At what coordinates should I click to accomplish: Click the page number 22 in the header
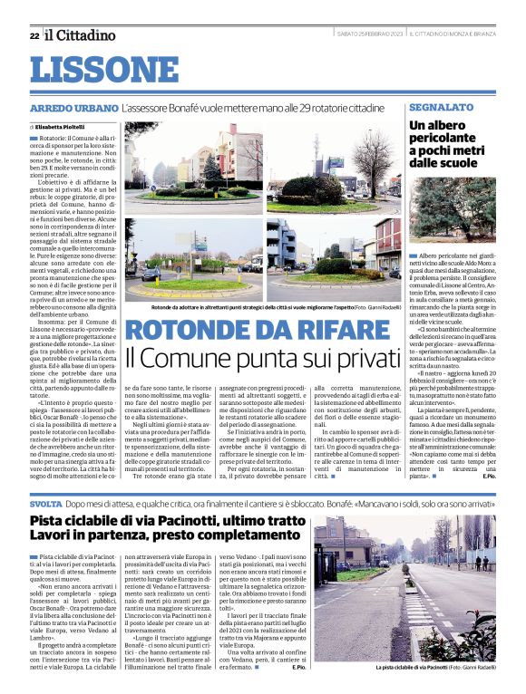click(x=34, y=35)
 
